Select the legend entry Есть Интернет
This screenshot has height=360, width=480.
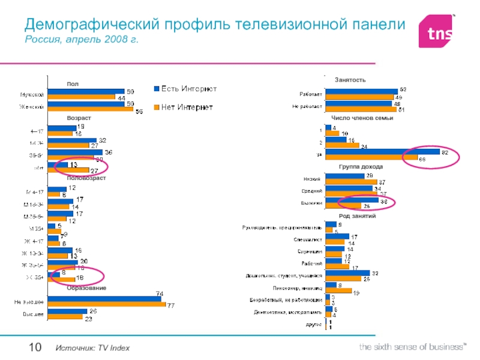pos(185,89)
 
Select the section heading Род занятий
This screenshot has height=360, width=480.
pos(356,215)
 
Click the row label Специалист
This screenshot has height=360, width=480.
pos(310,239)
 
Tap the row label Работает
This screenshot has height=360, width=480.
pos(310,94)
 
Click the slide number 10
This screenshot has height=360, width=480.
pos(34,347)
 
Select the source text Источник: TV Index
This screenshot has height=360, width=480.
pos(92,349)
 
